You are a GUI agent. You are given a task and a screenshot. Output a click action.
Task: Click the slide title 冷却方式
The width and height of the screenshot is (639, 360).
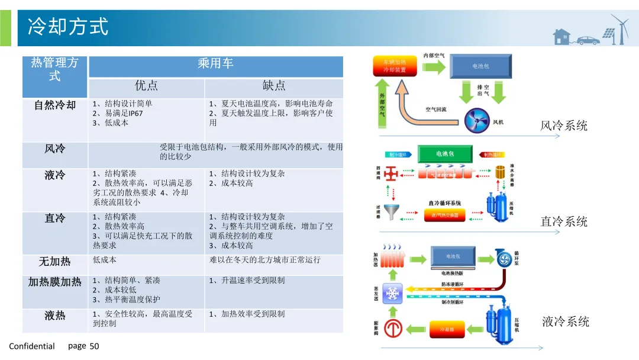[x=69, y=27]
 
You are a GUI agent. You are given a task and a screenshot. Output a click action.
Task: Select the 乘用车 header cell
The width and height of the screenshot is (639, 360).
[x=215, y=63]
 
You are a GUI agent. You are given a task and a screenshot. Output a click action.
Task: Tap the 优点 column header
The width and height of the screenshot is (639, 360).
[x=146, y=86]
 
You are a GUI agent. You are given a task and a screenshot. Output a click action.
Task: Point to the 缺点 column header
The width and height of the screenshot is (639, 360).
[x=274, y=86]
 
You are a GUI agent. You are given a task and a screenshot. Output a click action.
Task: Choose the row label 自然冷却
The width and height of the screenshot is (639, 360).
[x=55, y=105]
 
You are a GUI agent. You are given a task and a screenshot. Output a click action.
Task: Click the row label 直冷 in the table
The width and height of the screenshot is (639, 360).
[x=55, y=218]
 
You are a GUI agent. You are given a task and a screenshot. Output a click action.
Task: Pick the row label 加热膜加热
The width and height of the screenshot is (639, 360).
[x=55, y=282]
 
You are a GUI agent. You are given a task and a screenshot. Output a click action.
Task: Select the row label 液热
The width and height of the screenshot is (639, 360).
[x=55, y=316]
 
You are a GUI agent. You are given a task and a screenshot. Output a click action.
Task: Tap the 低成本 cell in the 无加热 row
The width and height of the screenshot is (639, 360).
[x=105, y=260]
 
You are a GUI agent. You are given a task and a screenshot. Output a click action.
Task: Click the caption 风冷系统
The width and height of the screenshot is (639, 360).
[x=564, y=126]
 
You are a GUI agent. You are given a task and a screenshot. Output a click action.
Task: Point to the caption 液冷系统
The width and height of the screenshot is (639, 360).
[x=566, y=322]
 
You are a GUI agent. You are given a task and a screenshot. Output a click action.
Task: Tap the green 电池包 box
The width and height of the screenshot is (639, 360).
[x=445, y=154]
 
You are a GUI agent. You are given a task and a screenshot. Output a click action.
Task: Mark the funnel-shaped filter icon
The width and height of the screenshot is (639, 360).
[x=390, y=211]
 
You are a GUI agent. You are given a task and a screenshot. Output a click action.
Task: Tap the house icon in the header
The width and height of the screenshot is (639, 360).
[x=561, y=37]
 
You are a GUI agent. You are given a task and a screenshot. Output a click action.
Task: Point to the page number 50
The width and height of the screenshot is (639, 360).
[x=94, y=346]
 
